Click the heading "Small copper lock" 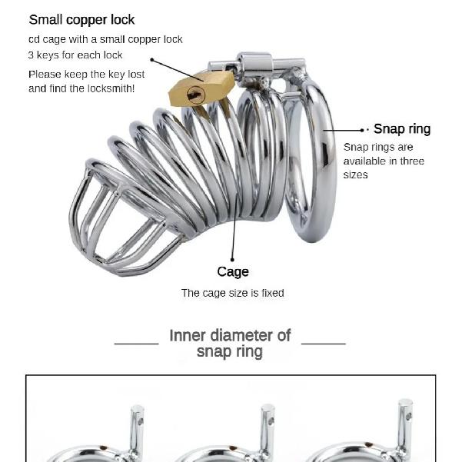coord(81,20)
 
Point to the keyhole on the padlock coord(196,95)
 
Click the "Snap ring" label coord(402,129)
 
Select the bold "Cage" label coord(233,271)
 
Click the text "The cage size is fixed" coord(232,293)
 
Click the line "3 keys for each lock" coord(75,55)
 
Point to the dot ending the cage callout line coord(232,260)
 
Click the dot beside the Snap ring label coord(362,130)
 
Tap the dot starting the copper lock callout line coord(152,60)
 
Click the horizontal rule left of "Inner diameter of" coord(136,344)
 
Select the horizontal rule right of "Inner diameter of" coord(323,344)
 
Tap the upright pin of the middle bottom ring coord(268,428)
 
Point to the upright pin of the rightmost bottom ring coord(405,424)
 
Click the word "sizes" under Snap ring coord(355,175)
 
